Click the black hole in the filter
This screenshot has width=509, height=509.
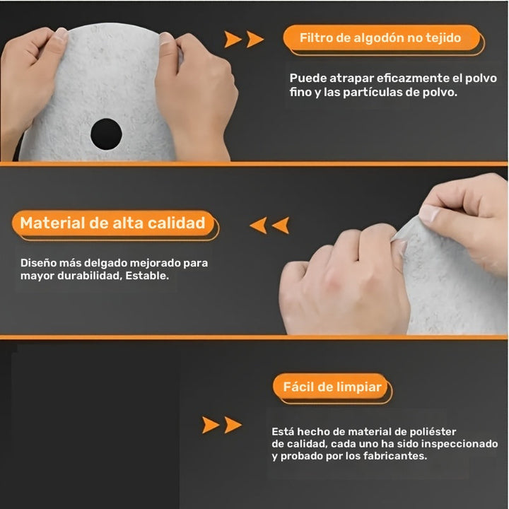point(106,133)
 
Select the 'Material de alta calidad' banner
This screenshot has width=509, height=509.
point(112,223)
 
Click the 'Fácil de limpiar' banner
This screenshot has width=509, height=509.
point(332,387)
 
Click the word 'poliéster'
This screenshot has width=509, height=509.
point(431,431)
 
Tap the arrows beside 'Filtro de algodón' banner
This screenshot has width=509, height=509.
point(244,39)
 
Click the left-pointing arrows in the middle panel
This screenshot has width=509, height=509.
point(269,226)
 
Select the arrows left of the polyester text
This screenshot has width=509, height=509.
point(221,425)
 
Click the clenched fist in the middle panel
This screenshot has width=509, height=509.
point(339,283)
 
